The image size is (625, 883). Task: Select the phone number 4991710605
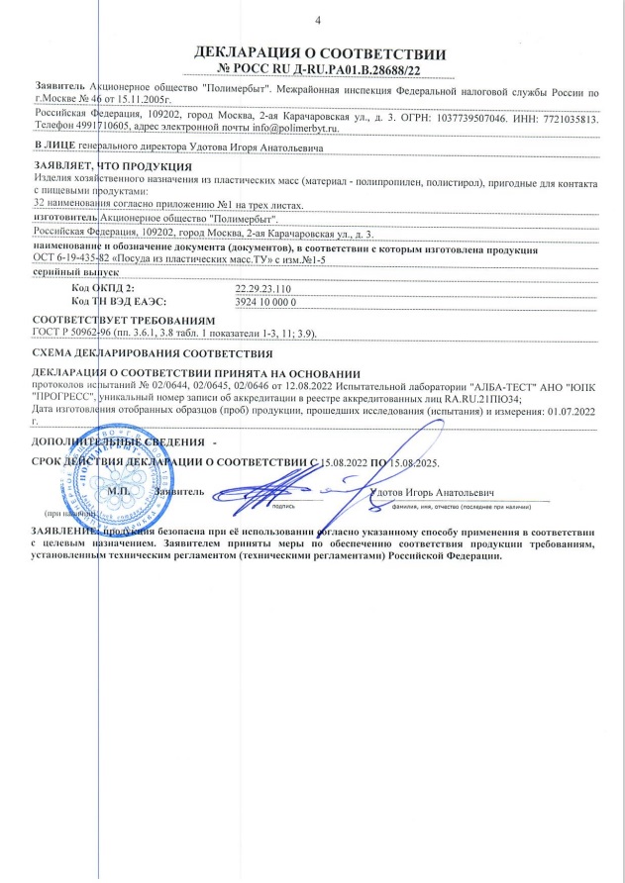coord(89,128)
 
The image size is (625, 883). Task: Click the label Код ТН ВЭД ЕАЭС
coord(120,299)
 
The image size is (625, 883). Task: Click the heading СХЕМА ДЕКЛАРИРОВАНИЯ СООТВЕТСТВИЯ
coord(153,353)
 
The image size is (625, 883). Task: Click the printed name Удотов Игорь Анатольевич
coord(428,492)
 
